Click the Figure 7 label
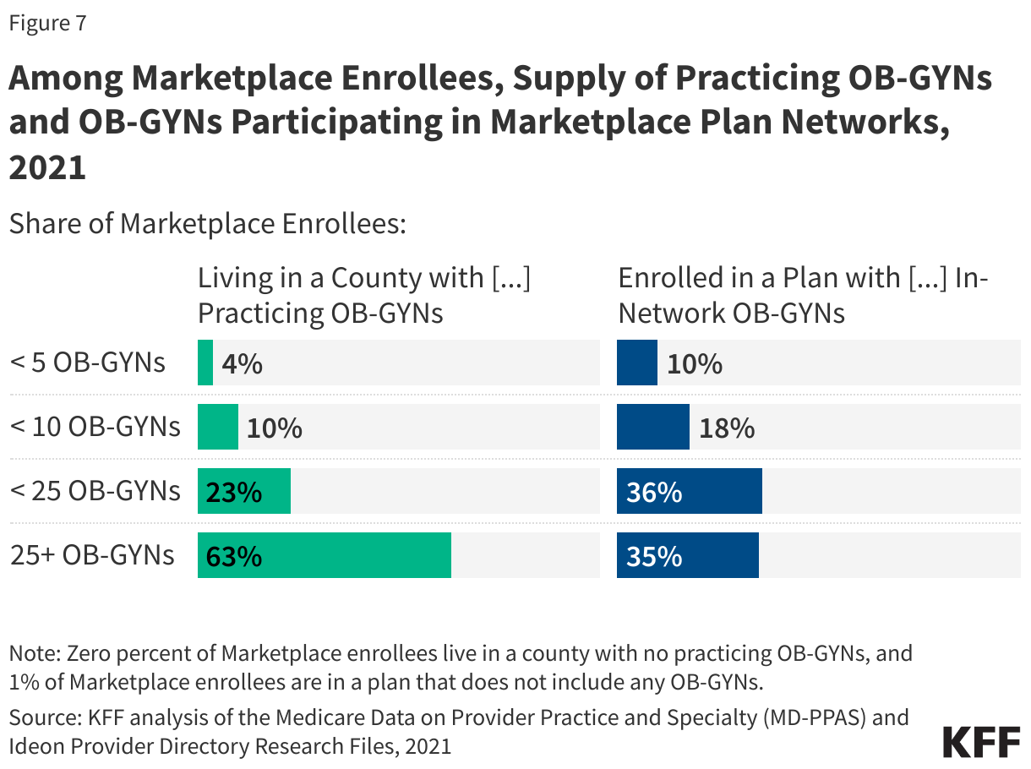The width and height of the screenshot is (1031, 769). pyautogui.click(x=47, y=24)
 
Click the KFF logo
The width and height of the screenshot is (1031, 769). pyautogui.click(x=981, y=741)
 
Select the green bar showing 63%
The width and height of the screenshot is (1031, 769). pyautogui.click(x=325, y=555)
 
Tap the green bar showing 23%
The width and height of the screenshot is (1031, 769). pyautogui.click(x=244, y=491)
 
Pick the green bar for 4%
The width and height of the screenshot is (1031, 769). pyautogui.click(x=205, y=363)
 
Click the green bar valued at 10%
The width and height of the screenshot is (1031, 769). pyautogui.click(x=218, y=427)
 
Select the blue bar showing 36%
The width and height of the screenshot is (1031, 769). pyautogui.click(x=690, y=491)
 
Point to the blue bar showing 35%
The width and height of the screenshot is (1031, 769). pyautogui.click(x=688, y=555)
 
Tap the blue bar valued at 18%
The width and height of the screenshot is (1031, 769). pyautogui.click(x=653, y=427)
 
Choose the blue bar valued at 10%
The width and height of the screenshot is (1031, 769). pyautogui.click(x=637, y=363)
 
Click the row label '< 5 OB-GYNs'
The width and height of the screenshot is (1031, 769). pyautogui.click(x=88, y=363)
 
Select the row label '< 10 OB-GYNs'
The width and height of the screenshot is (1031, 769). pyautogui.click(x=95, y=427)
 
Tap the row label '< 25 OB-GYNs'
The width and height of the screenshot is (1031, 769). pyautogui.click(x=95, y=491)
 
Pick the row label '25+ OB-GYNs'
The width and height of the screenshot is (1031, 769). pyautogui.click(x=92, y=555)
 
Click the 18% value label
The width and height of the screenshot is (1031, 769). pyautogui.click(x=727, y=428)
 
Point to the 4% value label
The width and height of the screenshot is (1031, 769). pyautogui.click(x=242, y=364)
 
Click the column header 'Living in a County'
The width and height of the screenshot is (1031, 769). pyautogui.click(x=364, y=295)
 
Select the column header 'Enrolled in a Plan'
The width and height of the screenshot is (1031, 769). pyautogui.click(x=803, y=295)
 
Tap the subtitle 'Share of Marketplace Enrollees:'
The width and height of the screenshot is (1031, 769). pyautogui.click(x=208, y=224)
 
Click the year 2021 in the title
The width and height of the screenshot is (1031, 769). pyautogui.click(x=47, y=167)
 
